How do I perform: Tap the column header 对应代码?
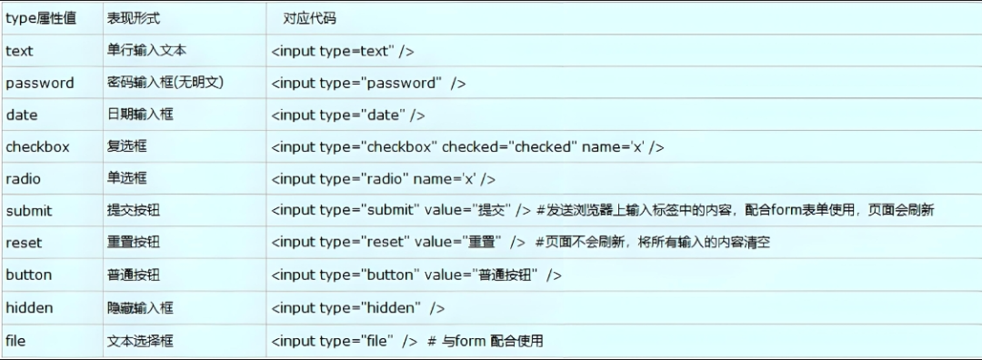coord(308,18)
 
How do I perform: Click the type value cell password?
coord(40,83)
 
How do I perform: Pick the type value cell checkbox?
coord(37,147)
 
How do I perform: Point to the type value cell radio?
coord(24,179)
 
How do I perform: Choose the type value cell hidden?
coord(29,308)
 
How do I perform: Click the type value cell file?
coord(15,341)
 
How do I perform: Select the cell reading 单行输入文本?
coord(146,51)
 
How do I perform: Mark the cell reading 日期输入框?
coord(140,115)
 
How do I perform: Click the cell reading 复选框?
coord(126,147)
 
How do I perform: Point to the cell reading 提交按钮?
coord(134,211)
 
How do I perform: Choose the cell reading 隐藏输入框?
coord(140,308)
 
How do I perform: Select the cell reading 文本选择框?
coord(140,341)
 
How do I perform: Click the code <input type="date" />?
coord(348,115)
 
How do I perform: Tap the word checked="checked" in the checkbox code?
coord(509,147)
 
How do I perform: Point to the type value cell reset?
coord(24,243)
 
